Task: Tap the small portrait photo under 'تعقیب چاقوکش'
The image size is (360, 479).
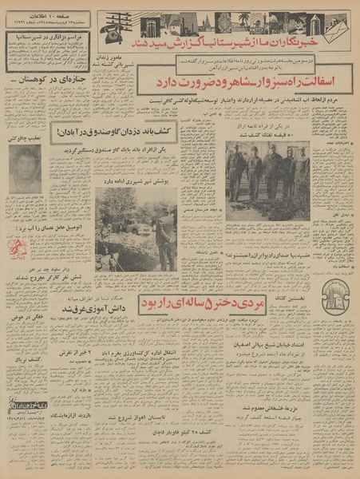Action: pos(26,168)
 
